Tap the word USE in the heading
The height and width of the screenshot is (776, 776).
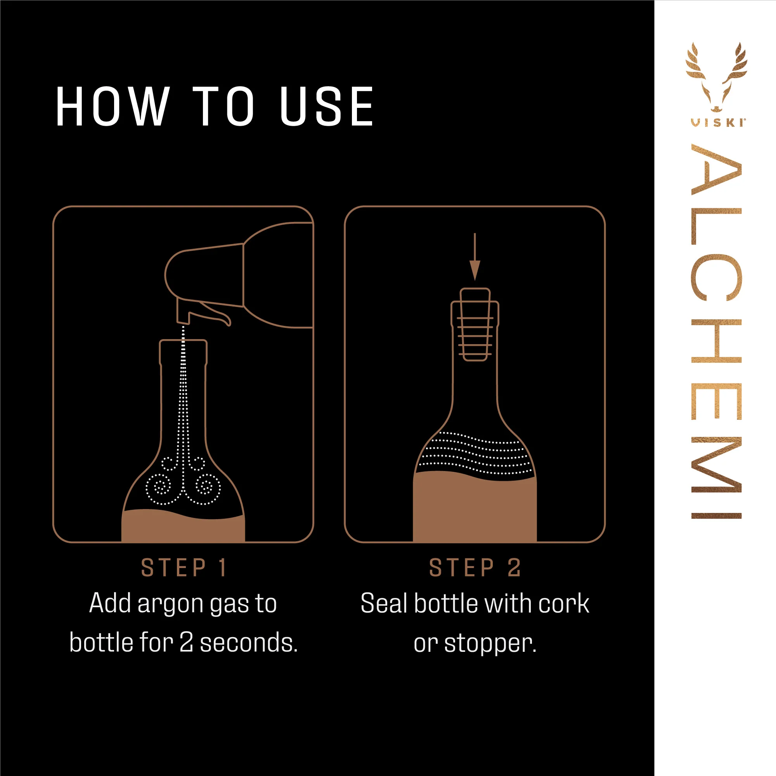[327, 106]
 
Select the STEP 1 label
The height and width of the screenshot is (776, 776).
[184, 568]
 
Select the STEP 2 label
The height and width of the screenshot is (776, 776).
[475, 568]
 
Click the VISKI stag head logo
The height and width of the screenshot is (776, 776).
[716, 76]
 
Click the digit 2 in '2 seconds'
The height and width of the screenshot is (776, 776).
[186, 642]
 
